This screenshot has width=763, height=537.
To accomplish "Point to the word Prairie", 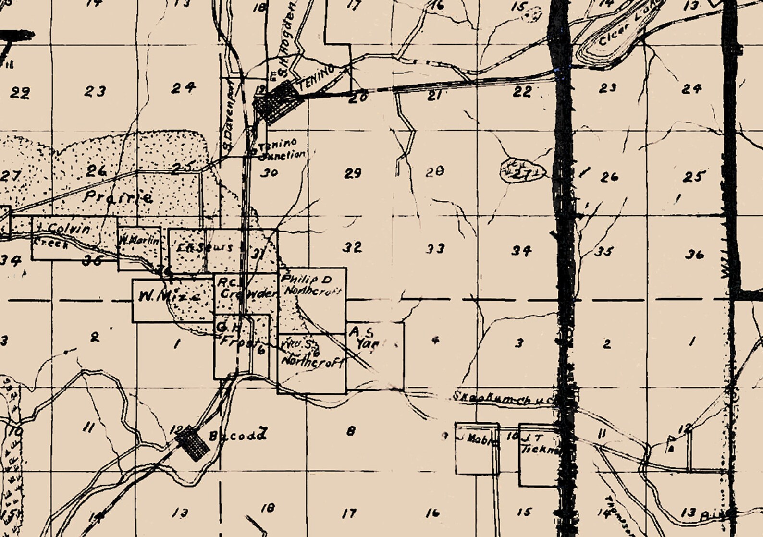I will (118, 196).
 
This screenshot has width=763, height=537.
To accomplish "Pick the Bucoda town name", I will (237, 436).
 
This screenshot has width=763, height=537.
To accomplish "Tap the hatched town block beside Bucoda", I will (194, 442).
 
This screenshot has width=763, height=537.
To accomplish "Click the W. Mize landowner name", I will (169, 297).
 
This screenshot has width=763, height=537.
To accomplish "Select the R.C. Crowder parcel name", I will (246, 287).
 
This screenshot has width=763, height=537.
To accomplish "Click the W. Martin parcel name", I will (139, 241).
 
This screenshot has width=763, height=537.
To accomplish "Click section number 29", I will (353, 173).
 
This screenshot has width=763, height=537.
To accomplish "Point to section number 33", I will (435, 248).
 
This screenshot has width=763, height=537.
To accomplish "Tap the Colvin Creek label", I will (62, 235).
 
